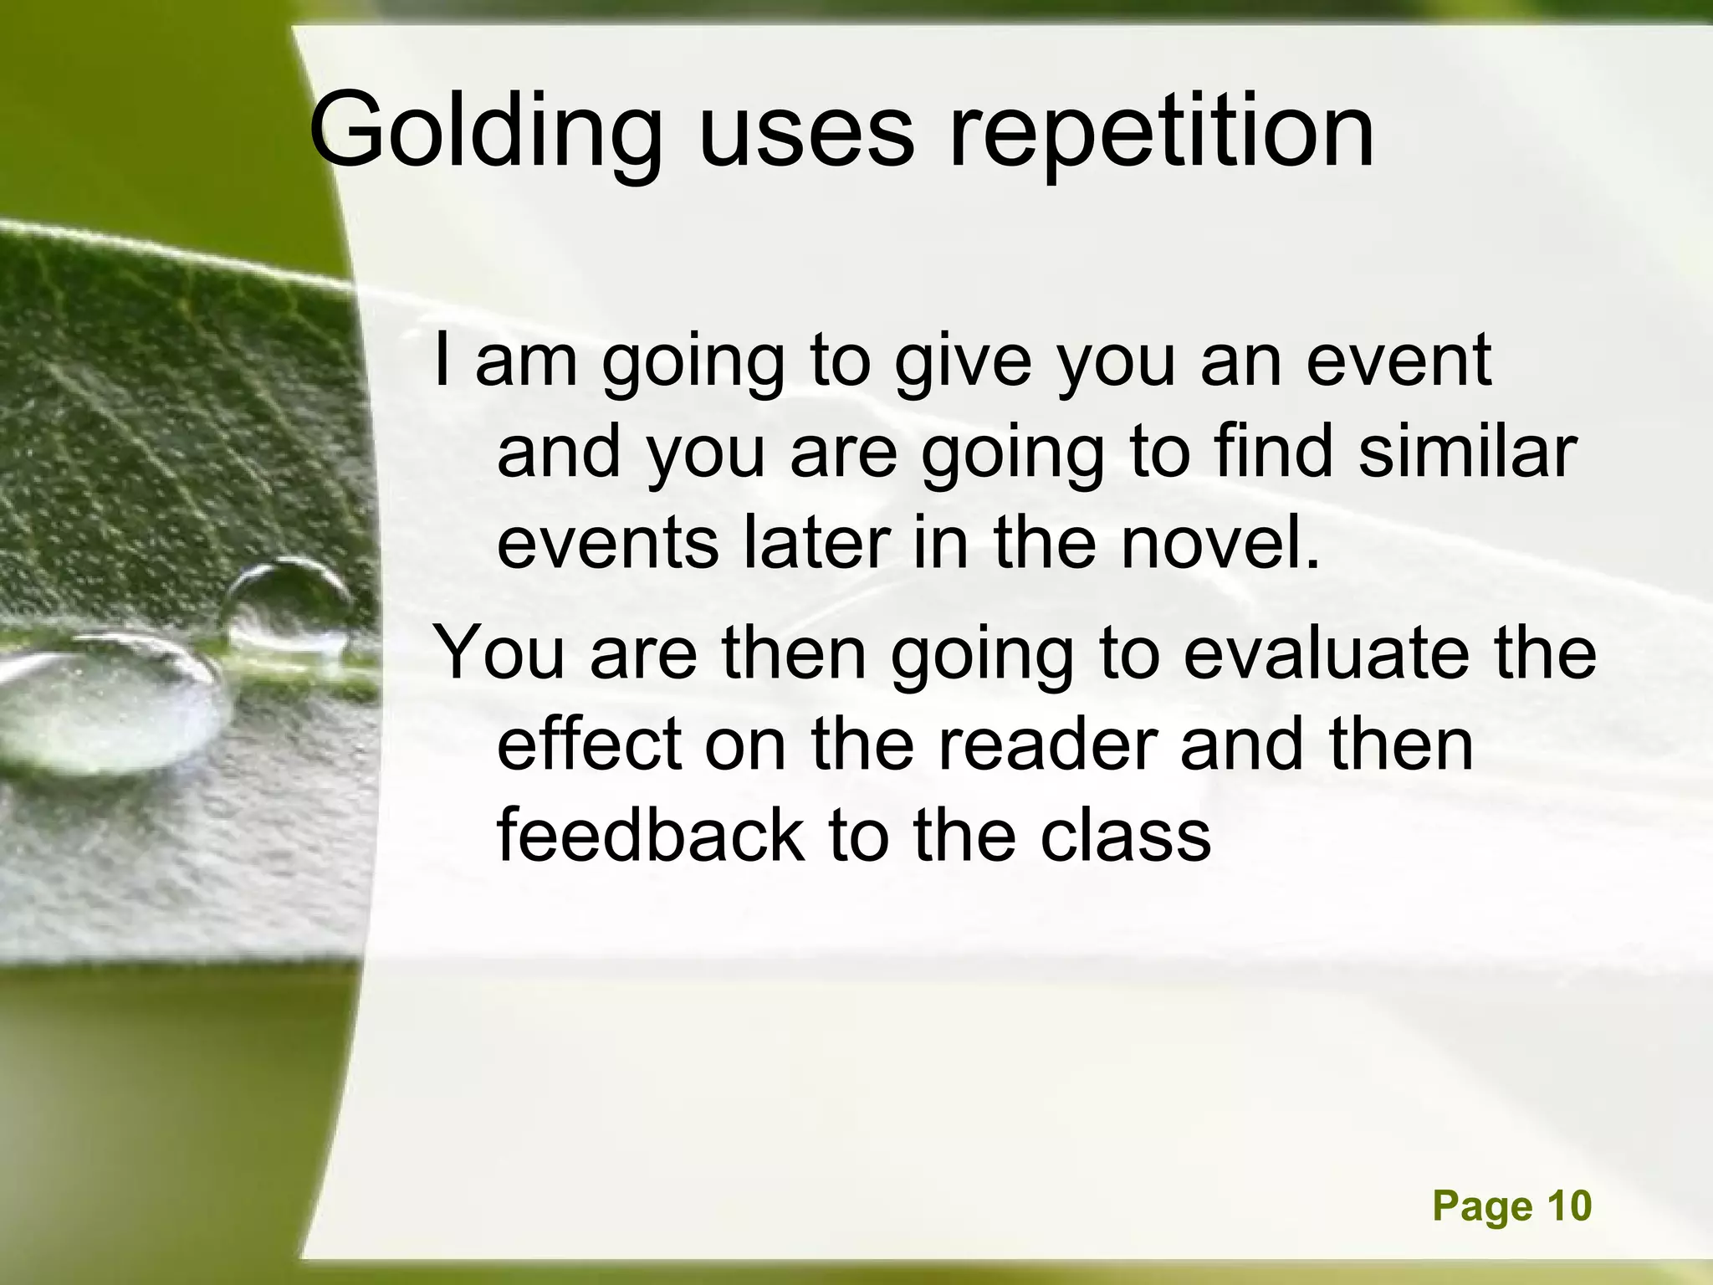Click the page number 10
[1568, 1206]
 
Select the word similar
[1467, 452]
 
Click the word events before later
[608, 544]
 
